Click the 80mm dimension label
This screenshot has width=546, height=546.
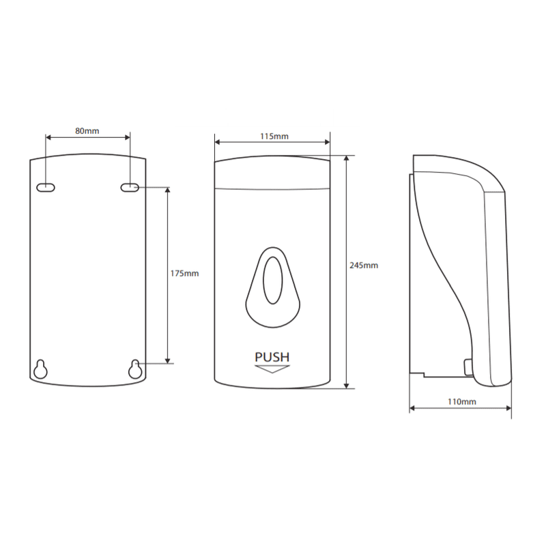(87, 131)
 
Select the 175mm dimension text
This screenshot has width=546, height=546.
(184, 274)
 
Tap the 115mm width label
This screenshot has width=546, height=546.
(274, 136)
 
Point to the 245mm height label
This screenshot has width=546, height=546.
(364, 265)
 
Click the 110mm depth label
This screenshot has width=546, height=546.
(462, 401)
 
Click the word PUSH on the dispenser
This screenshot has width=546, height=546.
(272, 357)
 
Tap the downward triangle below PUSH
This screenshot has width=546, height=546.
(272, 369)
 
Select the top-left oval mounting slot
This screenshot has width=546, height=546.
(46, 188)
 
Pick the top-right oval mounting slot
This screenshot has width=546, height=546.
(130, 188)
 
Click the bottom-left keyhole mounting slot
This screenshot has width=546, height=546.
(40, 369)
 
